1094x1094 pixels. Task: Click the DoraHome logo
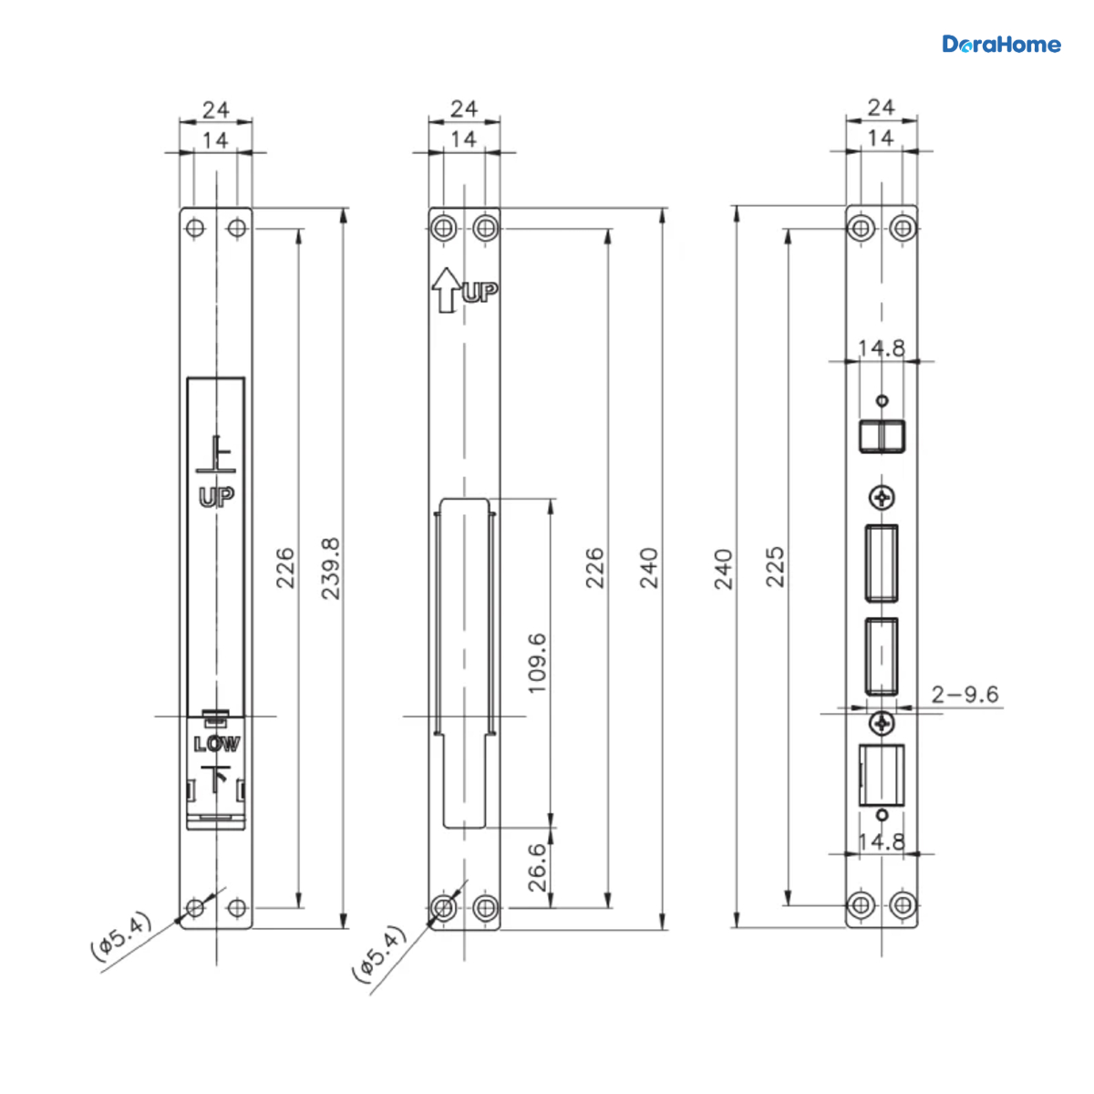[x=1001, y=45]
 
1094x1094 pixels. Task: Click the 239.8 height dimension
[x=330, y=568]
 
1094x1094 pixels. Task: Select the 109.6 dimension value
[x=536, y=663]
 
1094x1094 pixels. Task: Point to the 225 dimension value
[x=775, y=566]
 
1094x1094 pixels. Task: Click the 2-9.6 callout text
[x=965, y=694]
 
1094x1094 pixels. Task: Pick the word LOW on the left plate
[x=217, y=744]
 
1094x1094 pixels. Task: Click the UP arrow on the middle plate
[x=446, y=290]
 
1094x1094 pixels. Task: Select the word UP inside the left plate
[x=216, y=498]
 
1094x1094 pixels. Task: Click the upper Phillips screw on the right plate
[x=882, y=499]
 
